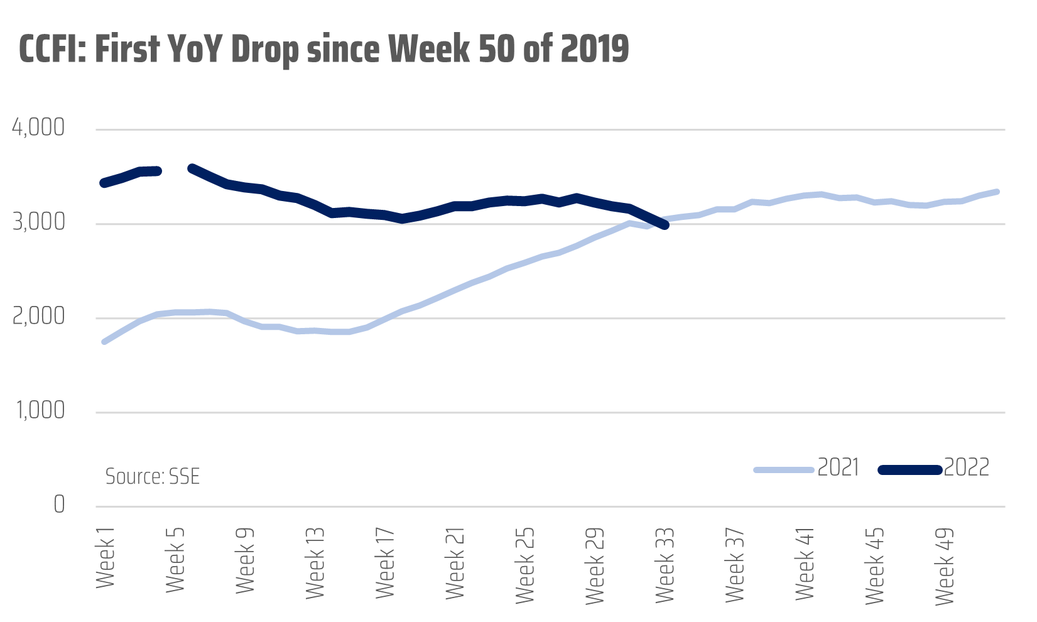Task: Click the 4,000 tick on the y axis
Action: click(38, 128)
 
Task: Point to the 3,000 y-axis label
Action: click(38, 222)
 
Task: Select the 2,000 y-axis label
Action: click(38, 317)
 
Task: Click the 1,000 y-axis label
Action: click(38, 411)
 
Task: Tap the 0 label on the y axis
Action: click(58, 505)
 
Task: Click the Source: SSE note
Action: click(153, 477)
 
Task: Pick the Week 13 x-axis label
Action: click(315, 562)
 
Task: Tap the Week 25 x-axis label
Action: click(524, 564)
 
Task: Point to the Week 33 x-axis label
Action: click(665, 565)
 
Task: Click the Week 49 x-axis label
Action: click(944, 565)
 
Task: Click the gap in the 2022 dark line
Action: click(176, 170)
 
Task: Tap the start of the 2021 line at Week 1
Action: click(104, 341)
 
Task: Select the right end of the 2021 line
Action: click(997, 192)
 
